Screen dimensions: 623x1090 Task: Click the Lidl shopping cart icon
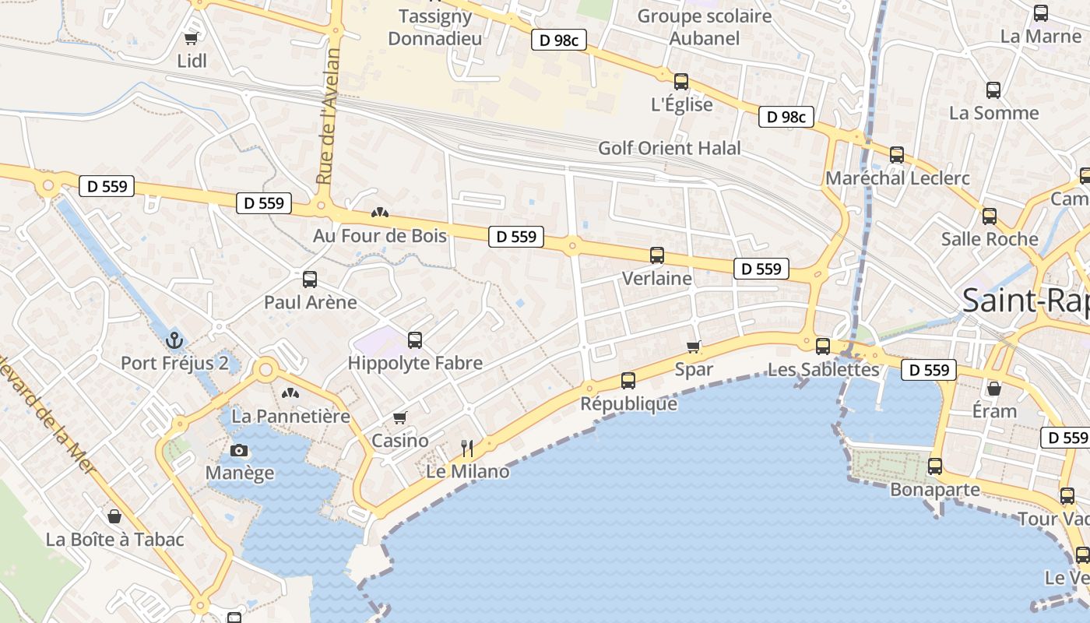click(191, 38)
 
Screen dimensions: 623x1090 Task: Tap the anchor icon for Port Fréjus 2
click(175, 340)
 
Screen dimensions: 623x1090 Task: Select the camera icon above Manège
click(239, 450)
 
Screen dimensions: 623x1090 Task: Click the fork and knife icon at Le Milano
click(467, 448)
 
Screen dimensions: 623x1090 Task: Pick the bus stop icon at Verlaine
click(657, 255)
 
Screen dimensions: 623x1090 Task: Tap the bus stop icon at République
click(628, 381)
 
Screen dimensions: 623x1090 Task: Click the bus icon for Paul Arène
click(310, 279)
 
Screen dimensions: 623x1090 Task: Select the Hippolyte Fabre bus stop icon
click(415, 340)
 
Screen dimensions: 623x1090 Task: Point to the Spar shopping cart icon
click(694, 347)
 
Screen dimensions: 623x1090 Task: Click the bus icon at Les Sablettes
click(823, 346)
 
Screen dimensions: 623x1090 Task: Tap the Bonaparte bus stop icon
click(935, 466)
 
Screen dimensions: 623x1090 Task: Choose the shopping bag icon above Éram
click(994, 388)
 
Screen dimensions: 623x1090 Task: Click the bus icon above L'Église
click(681, 81)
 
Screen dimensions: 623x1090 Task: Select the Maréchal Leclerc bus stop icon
click(897, 155)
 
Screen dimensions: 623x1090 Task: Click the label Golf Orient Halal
click(670, 148)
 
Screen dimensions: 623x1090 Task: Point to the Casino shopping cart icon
click(400, 417)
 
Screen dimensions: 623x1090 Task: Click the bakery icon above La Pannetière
click(290, 394)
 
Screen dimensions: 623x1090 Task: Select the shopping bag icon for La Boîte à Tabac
click(114, 516)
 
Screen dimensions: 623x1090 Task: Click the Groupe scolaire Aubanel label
click(705, 26)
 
